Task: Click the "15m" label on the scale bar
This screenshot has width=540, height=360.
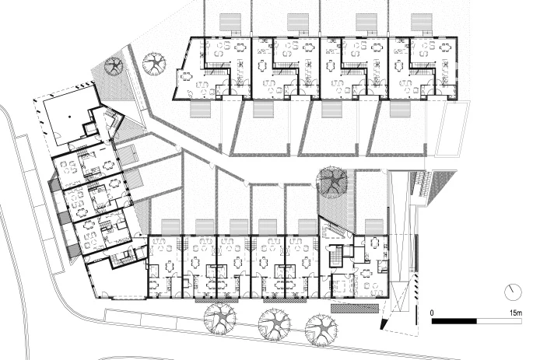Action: pos(516,313)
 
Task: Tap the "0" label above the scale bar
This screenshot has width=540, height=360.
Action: pos(432,313)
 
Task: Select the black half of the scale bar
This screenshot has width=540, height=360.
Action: pos(454,321)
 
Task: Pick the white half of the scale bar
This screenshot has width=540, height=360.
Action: pos(500,321)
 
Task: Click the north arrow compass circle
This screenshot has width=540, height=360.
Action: pos(513,292)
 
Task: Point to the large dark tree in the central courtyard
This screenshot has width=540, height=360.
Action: pos(333,181)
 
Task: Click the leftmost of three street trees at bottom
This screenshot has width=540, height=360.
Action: pos(220,319)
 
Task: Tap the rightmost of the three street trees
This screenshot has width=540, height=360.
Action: pos(321,330)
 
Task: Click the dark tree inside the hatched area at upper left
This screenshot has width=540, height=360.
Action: pos(114,65)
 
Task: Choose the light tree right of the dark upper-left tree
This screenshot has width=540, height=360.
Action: pos(154,64)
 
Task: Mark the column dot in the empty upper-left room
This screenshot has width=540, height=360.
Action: pos(70,117)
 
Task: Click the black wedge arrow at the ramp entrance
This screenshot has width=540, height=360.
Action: pos(384,324)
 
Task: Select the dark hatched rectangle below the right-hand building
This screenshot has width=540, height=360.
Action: pos(354,308)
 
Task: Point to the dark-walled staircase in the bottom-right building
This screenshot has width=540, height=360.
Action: pos(335,256)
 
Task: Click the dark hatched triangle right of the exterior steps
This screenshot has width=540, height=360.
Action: pos(443,185)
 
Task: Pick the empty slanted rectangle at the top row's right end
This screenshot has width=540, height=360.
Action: pos(453,129)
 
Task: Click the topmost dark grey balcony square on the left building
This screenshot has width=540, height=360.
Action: pos(54,184)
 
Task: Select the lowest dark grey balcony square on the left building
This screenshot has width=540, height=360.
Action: pos(73,251)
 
